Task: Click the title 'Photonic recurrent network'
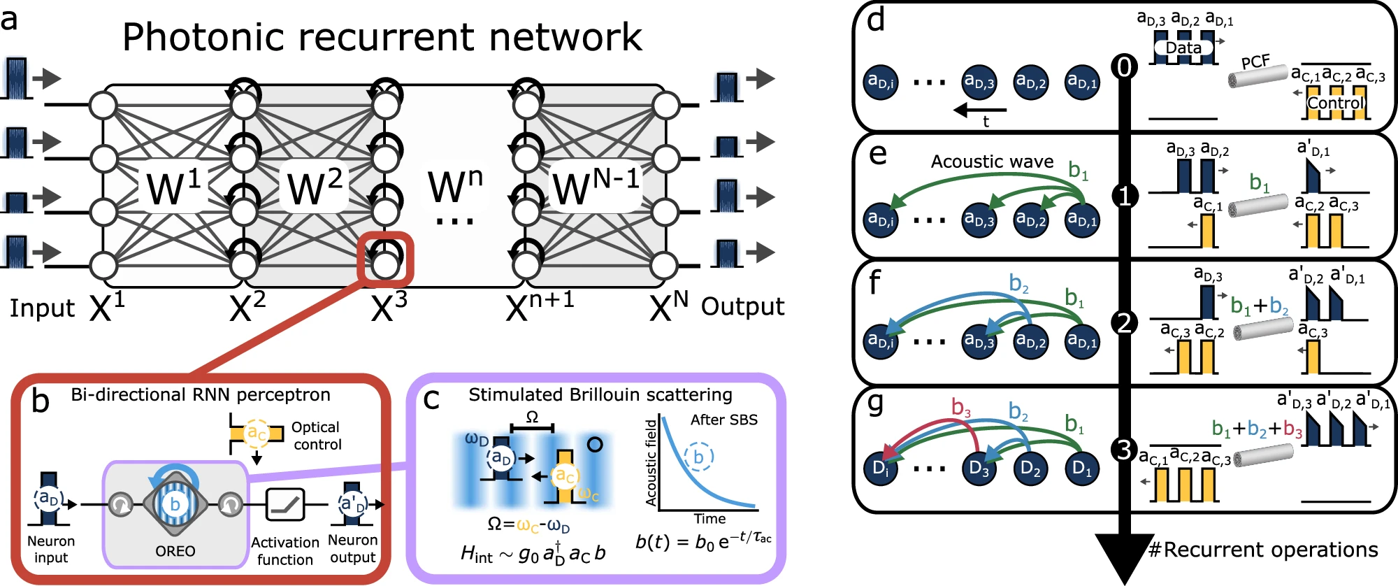point(382,38)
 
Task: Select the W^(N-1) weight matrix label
point(596,187)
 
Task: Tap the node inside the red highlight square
point(385,265)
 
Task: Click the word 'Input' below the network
point(42,308)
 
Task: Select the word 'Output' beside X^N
point(742,307)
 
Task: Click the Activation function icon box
point(285,504)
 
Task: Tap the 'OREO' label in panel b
point(175,551)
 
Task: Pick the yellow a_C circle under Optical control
point(257,434)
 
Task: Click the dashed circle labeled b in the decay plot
point(698,457)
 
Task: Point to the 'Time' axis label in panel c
point(709,519)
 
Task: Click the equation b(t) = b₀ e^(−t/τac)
point(703,542)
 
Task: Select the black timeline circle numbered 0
point(1124,67)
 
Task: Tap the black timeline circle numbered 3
point(1124,450)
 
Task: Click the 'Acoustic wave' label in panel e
point(992,162)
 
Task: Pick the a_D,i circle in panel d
point(881,83)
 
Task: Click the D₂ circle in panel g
point(1031,468)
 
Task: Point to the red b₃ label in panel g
point(962,407)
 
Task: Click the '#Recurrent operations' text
point(1263,550)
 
